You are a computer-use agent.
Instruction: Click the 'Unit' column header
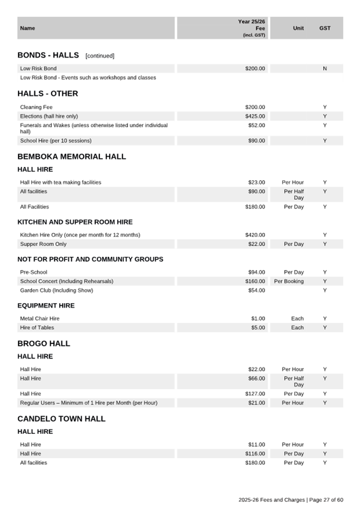[298, 28]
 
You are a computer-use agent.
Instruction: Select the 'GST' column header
[325, 28]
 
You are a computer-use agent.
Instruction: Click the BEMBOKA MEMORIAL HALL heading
[71, 157]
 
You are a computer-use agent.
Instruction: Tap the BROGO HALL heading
[44, 344]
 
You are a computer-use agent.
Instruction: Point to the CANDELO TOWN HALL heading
[61, 419]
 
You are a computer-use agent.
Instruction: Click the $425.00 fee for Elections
[255, 116]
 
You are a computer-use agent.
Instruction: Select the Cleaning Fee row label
[36, 107]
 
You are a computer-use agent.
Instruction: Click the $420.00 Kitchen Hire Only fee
[255, 235]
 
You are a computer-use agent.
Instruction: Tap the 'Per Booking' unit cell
[289, 281]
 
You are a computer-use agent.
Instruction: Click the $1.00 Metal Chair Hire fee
[258, 319]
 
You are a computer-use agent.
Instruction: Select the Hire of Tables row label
[37, 328]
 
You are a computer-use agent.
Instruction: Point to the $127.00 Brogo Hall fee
[255, 394]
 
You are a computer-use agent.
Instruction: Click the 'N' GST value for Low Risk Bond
[325, 69]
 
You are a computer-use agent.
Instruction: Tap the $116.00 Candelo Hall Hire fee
[255, 454]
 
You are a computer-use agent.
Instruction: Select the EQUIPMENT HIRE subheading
[46, 306]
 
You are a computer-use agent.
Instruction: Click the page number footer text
[291, 500]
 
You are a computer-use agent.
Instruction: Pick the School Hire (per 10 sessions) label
[55, 141]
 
